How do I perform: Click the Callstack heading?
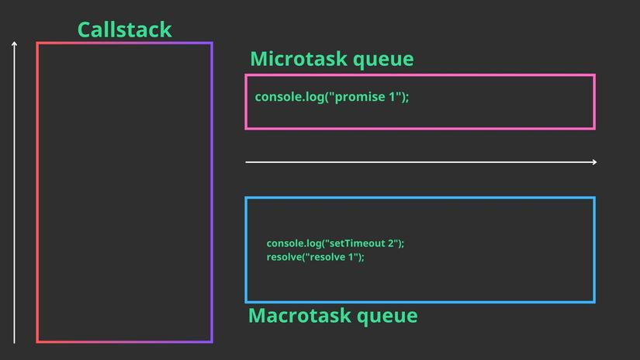coord(124,29)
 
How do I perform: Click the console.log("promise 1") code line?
coord(331,97)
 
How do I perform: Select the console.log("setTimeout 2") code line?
coord(335,243)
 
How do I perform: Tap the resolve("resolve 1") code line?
coord(315,257)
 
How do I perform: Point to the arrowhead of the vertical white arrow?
coord(14,43)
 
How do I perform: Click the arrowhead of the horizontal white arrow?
coord(594,162)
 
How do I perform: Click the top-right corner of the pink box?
coord(594,76)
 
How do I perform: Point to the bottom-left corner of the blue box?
coord(247,301)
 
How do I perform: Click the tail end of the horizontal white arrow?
coord(247,162)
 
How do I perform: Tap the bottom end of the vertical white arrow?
coord(14,341)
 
